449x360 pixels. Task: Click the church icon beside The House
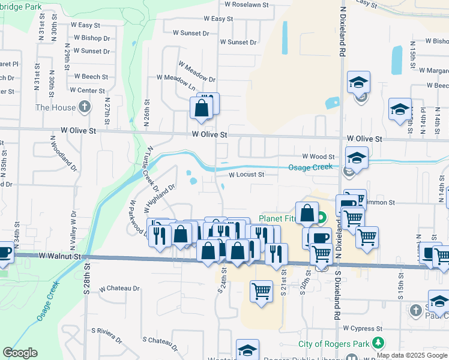coord(85,107)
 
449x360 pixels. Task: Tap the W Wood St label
coord(318,156)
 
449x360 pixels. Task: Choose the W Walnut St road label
coord(60,256)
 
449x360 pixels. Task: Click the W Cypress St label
coord(363,329)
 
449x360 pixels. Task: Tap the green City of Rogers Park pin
coord(378,343)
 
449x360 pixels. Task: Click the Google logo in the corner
coord(20,353)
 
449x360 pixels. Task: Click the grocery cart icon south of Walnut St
coord(261,292)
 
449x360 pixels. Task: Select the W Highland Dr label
coord(159,199)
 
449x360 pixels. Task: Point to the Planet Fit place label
coord(277,218)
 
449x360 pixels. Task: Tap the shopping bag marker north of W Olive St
coord(201,109)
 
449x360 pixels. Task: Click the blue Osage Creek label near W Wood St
coord(310,167)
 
